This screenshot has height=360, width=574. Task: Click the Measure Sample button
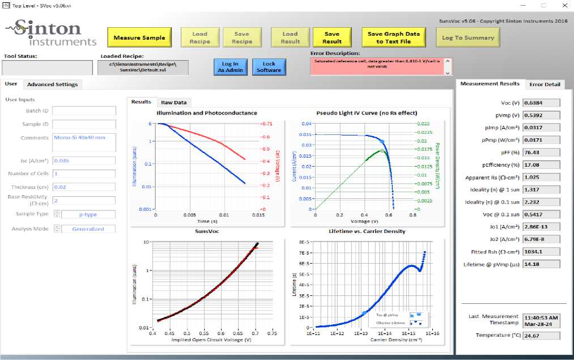[139, 37]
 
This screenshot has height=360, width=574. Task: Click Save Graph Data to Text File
[394, 37]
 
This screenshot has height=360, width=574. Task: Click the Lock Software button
[269, 67]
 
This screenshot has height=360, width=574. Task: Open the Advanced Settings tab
[52, 84]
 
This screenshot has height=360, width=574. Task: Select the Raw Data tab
[173, 103]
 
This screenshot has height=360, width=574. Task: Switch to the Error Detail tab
[544, 84]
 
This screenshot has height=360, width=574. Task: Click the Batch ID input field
[84, 111]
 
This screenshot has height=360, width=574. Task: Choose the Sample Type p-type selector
[88, 214]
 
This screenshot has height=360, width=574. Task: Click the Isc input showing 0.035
[84, 161]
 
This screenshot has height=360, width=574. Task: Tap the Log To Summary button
[468, 37]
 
